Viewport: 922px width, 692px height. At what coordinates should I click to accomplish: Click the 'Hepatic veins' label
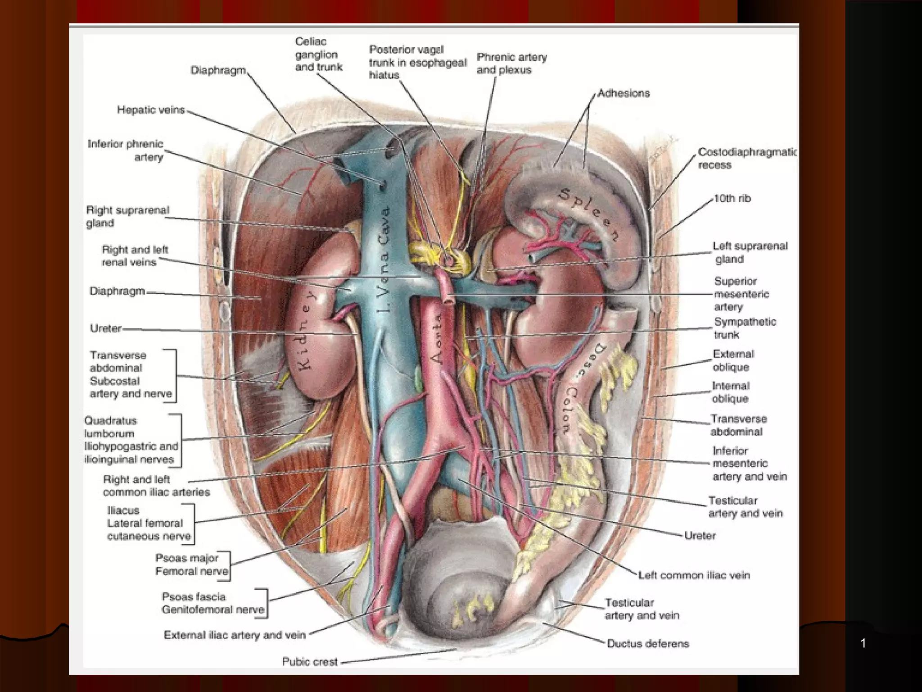tap(151, 110)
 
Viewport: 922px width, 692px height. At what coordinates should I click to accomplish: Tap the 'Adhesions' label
tap(624, 93)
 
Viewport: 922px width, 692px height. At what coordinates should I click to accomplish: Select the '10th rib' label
tap(732, 198)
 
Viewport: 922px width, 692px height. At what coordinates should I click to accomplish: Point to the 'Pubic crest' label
tap(310, 661)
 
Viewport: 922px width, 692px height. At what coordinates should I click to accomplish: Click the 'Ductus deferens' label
tap(648, 643)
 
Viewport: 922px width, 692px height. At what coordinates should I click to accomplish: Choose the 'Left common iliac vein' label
tap(694, 575)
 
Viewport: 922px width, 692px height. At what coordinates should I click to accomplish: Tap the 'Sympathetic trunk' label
tap(745, 328)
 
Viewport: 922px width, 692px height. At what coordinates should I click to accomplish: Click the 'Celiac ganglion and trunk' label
tap(318, 54)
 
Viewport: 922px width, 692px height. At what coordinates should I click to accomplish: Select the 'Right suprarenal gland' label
tap(127, 216)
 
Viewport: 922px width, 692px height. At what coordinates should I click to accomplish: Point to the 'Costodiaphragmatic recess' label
tap(746, 158)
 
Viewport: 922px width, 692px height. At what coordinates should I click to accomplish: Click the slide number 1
tap(863, 643)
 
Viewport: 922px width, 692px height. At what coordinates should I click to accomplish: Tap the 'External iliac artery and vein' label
tap(235, 635)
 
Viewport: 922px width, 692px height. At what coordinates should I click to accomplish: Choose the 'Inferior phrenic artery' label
tap(126, 150)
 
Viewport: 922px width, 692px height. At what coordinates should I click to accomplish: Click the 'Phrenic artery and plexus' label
tap(511, 64)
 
